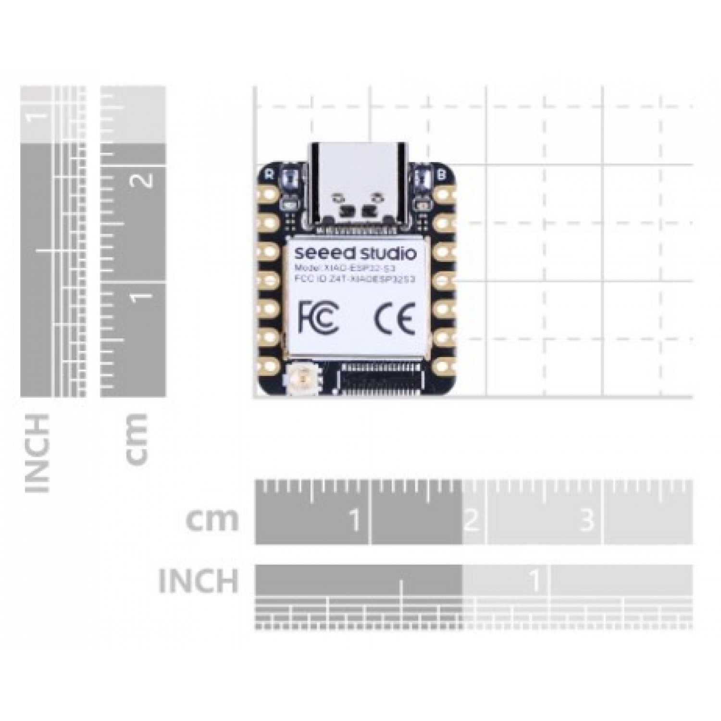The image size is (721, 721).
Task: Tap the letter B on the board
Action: pyautogui.click(x=442, y=174)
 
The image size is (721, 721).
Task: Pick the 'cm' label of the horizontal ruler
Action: pyautogui.click(x=212, y=519)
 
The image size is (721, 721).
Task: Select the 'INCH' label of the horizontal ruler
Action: pyautogui.click(x=198, y=580)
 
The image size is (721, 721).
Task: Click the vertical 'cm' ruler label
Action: pyautogui.click(x=136, y=438)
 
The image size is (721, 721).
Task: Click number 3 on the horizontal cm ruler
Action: pyautogui.click(x=587, y=520)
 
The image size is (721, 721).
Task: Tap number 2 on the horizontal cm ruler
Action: pyautogui.click(x=472, y=520)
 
